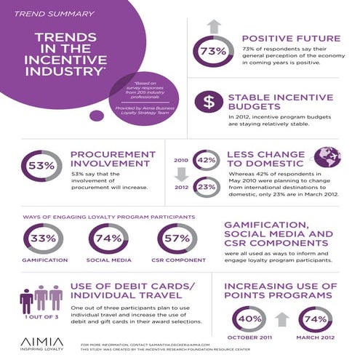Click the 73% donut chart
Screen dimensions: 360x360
point(212,52)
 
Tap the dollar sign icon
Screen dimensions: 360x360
point(209,102)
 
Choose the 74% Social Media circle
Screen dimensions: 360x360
point(108,239)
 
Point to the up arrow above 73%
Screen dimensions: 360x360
point(212,27)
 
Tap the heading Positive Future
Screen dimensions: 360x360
point(289,38)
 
